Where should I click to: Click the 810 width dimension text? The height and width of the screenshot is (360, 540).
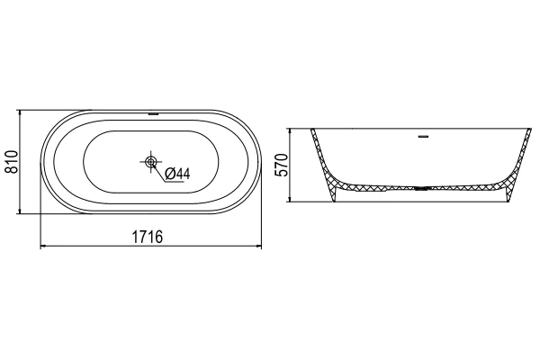pos(13,162)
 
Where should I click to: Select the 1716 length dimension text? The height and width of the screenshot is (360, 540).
pos(148,237)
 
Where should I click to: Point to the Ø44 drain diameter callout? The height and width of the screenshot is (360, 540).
pos(177,174)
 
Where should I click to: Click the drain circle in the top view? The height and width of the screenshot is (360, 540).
pos(151,161)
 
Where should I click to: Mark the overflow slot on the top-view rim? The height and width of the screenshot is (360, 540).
pos(153,113)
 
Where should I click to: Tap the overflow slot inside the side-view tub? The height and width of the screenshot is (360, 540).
pos(423,137)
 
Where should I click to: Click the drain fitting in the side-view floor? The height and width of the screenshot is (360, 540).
pos(421,188)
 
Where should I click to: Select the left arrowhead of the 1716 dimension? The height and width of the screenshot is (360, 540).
pos(43,246)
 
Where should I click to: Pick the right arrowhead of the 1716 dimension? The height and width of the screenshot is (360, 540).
pos(258,246)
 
